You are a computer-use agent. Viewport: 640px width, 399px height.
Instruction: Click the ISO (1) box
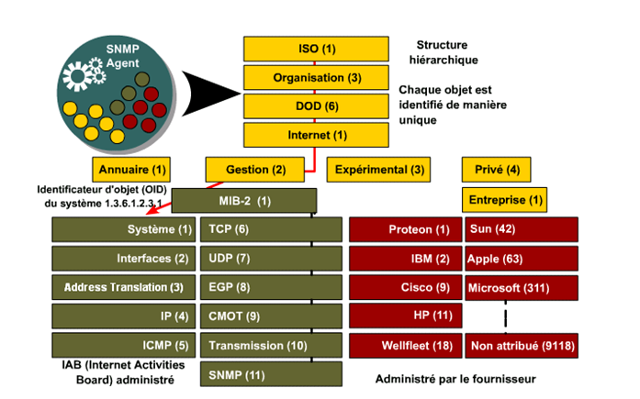coord(316,49)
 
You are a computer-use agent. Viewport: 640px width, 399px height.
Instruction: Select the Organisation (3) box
coord(316,77)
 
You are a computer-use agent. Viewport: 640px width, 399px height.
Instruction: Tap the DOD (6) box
coord(316,106)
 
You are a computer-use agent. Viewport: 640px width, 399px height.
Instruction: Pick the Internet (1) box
coord(316,135)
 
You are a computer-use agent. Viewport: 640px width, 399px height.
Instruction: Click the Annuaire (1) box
coord(131,170)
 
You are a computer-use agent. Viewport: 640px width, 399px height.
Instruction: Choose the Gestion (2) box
coord(255,170)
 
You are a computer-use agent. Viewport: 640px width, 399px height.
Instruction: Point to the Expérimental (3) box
coord(378,170)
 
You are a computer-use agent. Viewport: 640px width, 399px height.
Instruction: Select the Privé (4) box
coord(497,170)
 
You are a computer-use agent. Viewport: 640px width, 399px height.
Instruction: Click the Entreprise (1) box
coord(504,200)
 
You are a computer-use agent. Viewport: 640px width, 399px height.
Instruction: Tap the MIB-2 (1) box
coord(244,201)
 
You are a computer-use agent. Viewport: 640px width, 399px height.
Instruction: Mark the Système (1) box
coord(124,229)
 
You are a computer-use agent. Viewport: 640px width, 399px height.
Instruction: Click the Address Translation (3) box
coord(124,287)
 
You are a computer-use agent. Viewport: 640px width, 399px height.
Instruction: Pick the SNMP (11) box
coord(271,374)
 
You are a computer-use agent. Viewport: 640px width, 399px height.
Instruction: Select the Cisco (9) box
coord(406,287)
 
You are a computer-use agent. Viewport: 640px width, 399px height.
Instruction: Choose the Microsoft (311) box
coord(522,288)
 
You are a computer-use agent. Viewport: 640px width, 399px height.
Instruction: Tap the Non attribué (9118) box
coord(522,346)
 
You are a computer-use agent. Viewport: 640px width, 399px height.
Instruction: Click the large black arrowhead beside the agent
coord(210,94)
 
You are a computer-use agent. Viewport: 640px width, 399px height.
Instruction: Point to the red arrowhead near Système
coord(152,211)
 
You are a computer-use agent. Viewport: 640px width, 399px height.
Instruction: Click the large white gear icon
coord(77,76)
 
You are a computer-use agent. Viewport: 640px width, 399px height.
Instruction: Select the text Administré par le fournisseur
coord(455,379)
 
